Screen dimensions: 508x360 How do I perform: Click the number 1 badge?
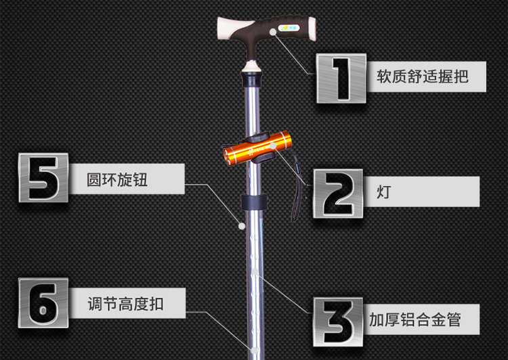[x=341, y=78]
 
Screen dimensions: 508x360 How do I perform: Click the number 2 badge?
[x=337, y=193]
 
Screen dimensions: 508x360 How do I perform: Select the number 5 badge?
[x=43, y=178]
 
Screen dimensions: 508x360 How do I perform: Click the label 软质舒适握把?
[x=422, y=75]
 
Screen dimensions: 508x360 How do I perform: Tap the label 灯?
[x=383, y=192]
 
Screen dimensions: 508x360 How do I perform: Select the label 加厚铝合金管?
[x=415, y=319]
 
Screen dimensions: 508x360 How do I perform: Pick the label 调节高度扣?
[x=125, y=303]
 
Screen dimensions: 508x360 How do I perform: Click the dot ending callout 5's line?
[x=241, y=226]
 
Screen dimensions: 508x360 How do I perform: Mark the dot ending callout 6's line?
[x=253, y=351]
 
